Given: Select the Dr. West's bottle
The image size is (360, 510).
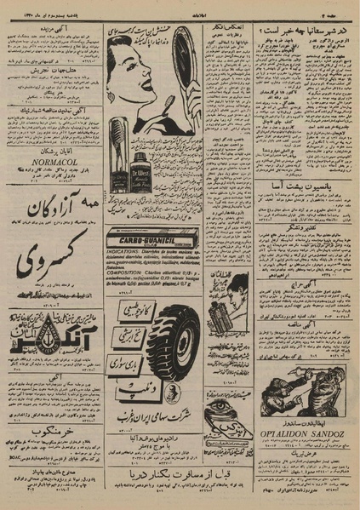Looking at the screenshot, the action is [141, 169].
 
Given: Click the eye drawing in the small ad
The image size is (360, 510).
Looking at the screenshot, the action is [222, 406].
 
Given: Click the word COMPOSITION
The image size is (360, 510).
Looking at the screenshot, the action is [124, 273].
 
